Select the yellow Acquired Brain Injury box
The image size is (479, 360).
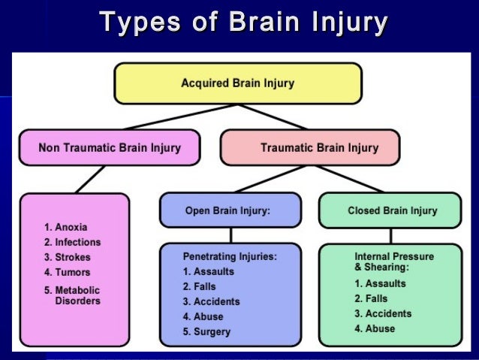238,83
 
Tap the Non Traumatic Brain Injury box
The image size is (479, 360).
110,147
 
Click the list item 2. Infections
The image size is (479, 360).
72,243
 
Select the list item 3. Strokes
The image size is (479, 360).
68,258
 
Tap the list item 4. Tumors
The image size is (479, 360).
68,272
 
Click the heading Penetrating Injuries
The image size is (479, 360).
220,256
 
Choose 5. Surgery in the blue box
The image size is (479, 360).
206,331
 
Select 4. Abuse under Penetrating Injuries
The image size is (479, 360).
203,316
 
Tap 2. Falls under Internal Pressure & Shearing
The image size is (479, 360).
372,298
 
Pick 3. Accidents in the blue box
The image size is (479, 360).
212,301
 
